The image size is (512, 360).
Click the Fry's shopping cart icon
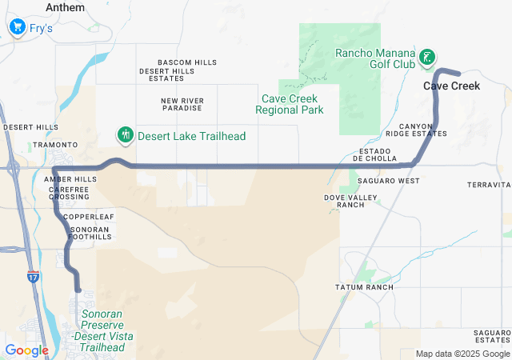16,28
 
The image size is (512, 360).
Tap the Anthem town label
65,7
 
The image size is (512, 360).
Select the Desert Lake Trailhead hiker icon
124,135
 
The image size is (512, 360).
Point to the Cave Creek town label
451,86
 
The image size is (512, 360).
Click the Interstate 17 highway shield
33,277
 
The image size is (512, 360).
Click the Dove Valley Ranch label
345,201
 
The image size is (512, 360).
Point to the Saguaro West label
388,181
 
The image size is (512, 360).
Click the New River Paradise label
182,105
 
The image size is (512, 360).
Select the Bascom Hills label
187,62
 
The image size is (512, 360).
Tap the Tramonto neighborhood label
55,145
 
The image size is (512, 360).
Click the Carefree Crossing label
69,192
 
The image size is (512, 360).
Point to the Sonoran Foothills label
89,233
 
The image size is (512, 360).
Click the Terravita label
488,184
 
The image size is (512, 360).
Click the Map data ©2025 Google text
462,354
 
